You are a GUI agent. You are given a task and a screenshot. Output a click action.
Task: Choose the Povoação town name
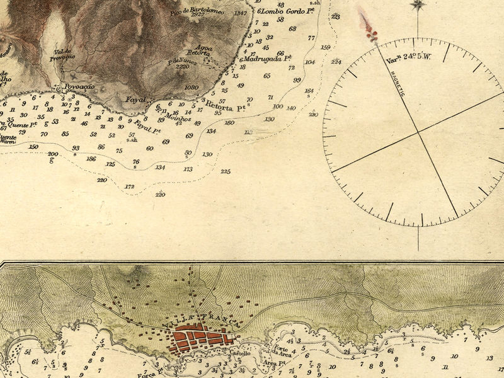79,87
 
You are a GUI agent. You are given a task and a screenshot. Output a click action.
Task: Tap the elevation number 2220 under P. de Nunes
183,67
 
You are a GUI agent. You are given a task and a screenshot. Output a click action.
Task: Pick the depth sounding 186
91,159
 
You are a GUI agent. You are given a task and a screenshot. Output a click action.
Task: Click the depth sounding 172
130,186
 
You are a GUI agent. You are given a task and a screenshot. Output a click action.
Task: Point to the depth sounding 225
226,171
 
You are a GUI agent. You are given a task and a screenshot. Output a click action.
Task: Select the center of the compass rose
418,132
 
